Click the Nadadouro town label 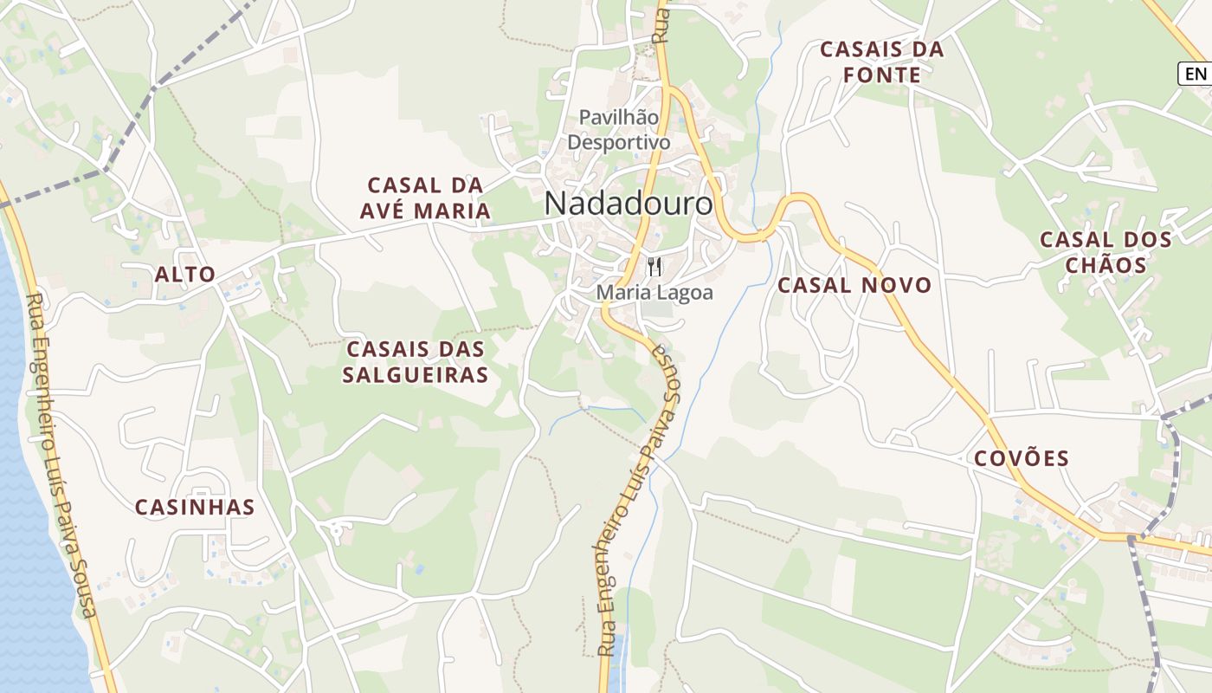(x=629, y=204)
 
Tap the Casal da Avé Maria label (x=429, y=198)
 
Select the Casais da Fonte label (x=881, y=62)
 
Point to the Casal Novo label (x=854, y=285)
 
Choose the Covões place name (x=1022, y=458)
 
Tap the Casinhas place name (x=195, y=507)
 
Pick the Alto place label (x=184, y=275)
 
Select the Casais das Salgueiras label (x=416, y=361)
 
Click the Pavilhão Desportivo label (x=618, y=129)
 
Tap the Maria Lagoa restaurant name (x=654, y=293)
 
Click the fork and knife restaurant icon (x=654, y=267)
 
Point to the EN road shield (x=1195, y=74)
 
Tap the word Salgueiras (x=416, y=374)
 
